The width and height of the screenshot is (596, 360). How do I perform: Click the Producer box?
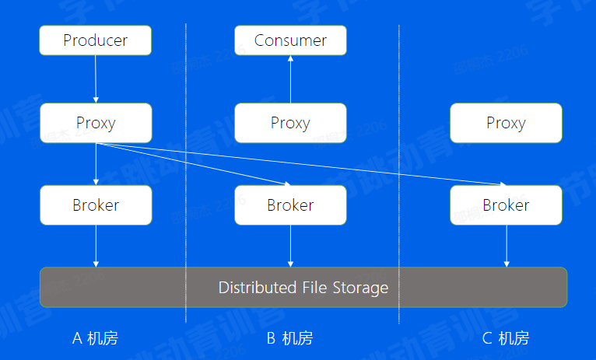click(x=96, y=40)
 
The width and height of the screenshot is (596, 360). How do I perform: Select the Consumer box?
click(x=290, y=40)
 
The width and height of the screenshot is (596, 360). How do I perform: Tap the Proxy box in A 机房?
click(x=96, y=123)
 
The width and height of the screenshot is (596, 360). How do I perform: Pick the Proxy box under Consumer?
click(x=290, y=123)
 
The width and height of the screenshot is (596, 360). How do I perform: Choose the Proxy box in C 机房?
click(x=506, y=123)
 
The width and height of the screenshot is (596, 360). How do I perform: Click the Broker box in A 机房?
click(x=96, y=205)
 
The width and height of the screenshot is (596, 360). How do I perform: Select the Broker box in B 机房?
click(x=290, y=205)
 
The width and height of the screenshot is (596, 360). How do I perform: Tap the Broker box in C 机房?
click(x=506, y=205)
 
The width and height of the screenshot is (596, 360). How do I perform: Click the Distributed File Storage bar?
click(x=303, y=288)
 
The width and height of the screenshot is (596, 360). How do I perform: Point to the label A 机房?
click(x=95, y=338)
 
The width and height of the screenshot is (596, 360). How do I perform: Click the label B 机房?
click(x=289, y=338)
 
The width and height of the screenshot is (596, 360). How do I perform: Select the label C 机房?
click(x=506, y=338)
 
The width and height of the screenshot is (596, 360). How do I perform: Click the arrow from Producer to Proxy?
click(x=96, y=79)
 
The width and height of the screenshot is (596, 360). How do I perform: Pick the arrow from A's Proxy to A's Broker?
click(x=96, y=164)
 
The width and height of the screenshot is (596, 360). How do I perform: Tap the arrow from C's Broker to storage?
click(x=507, y=246)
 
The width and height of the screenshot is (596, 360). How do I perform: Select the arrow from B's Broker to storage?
click(x=290, y=246)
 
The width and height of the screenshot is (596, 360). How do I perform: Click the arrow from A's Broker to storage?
click(x=96, y=246)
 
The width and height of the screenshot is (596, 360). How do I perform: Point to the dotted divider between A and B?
click(x=186, y=171)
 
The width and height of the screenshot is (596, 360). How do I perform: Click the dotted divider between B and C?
click(x=399, y=171)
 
